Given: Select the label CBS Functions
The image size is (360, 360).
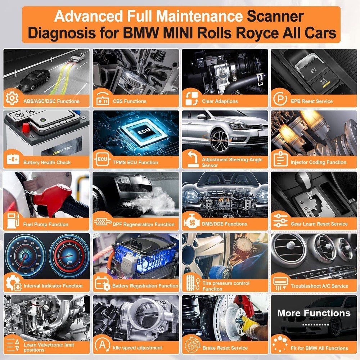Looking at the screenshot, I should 130,101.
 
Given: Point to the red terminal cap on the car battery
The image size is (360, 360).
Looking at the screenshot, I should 26,127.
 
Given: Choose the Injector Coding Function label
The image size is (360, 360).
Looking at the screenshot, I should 318,162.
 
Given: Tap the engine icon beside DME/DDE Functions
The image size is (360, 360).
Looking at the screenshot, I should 191,222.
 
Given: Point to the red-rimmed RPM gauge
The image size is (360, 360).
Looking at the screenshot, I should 68,254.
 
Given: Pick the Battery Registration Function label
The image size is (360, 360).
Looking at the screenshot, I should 145,286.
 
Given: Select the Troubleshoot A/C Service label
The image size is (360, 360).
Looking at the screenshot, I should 319,286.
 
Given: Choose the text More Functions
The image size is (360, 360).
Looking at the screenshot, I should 314,313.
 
